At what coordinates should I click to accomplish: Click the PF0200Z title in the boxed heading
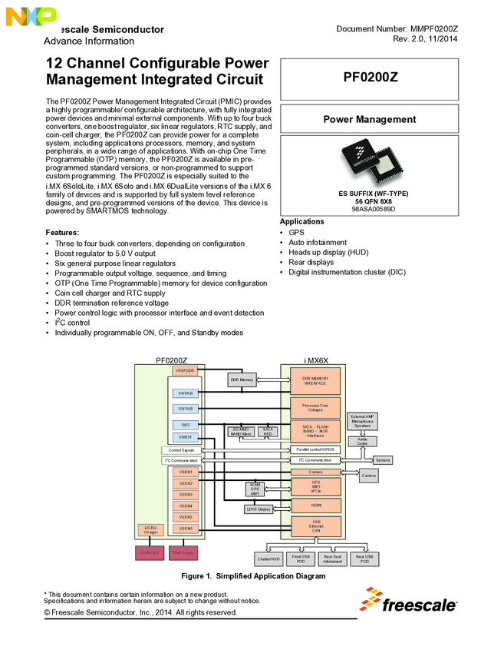[x=370, y=78]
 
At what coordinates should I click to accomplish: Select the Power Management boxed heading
[x=370, y=120]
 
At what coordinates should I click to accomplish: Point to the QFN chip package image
[x=370, y=162]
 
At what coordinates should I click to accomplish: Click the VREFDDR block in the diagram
[x=186, y=371]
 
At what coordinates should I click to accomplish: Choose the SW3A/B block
[x=186, y=393]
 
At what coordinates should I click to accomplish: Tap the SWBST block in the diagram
[x=186, y=436]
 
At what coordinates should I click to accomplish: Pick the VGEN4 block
[x=186, y=505]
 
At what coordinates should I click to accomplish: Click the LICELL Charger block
[x=150, y=529]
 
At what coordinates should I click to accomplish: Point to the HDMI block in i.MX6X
[x=315, y=505]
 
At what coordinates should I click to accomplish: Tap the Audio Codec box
[x=362, y=441]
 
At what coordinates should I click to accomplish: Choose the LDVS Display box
[x=259, y=509]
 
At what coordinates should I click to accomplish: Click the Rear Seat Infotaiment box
[x=332, y=559]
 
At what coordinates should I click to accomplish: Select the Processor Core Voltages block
[x=315, y=407]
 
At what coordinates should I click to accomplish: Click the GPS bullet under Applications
[x=295, y=232]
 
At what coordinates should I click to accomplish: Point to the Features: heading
[x=62, y=232]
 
